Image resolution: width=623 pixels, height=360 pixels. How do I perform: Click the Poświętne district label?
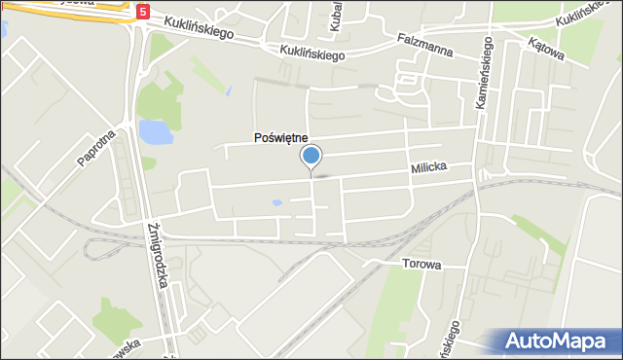[x=280, y=139]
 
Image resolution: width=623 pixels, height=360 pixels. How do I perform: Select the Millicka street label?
[x=428, y=168]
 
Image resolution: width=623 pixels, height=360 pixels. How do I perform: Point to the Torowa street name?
[x=421, y=264]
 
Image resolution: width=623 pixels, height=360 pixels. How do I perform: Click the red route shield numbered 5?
[x=144, y=13]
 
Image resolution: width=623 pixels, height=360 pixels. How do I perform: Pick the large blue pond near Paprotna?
[x=153, y=131]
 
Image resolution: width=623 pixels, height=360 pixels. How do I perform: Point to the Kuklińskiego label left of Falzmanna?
[x=312, y=54]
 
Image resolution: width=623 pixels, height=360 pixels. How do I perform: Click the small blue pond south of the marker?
[x=278, y=203]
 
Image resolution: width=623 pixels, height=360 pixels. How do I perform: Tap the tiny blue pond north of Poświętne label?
[x=228, y=91]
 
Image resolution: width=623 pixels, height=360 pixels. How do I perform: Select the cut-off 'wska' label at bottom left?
[x=125, y=346]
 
